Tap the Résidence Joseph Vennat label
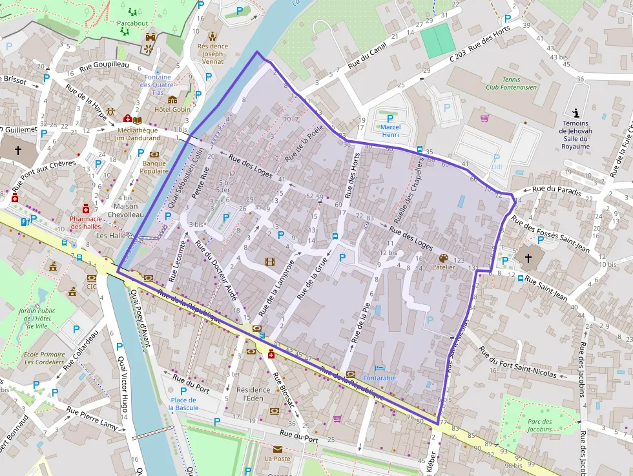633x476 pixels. click(213, 54)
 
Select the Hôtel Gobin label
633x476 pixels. click(172, 110)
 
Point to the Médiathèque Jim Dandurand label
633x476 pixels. click(137, 133)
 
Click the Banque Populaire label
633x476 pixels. click(154, 167)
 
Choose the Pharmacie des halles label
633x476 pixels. click(86, 222)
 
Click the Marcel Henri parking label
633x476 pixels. click(390, 131)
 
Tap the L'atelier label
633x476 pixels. click(443, 267)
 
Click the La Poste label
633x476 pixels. click(278, 459)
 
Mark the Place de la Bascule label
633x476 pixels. click(183, 404)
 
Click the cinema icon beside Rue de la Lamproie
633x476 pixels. click(269, 262)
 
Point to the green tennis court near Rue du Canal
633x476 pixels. click(439, 41)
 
